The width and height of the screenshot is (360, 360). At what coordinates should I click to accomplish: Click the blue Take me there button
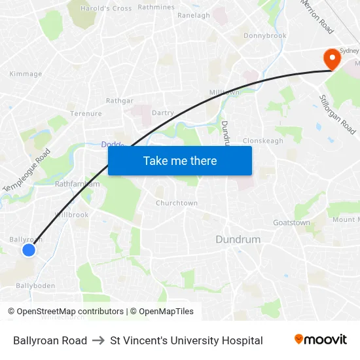179,160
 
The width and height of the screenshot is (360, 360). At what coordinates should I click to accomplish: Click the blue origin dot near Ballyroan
28,249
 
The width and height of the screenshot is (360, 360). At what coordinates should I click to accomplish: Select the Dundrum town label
238,240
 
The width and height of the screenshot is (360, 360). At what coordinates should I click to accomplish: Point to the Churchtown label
176,203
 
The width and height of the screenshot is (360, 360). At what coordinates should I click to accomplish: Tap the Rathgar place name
120,101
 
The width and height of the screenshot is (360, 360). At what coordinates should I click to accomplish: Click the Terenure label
86,113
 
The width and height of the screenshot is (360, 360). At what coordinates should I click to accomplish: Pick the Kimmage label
26,74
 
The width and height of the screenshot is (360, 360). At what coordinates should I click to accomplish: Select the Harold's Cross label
105,9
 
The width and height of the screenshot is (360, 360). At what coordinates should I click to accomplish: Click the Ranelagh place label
194,15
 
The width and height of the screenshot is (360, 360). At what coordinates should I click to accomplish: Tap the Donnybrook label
265,36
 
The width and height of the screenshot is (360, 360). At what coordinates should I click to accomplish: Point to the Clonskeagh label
262,141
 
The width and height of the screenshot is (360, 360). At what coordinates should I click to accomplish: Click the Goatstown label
291,223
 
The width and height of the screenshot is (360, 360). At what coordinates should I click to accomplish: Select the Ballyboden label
35,286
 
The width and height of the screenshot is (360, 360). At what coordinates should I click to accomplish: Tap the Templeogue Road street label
27,171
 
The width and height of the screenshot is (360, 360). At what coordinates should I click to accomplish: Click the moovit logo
320,340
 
